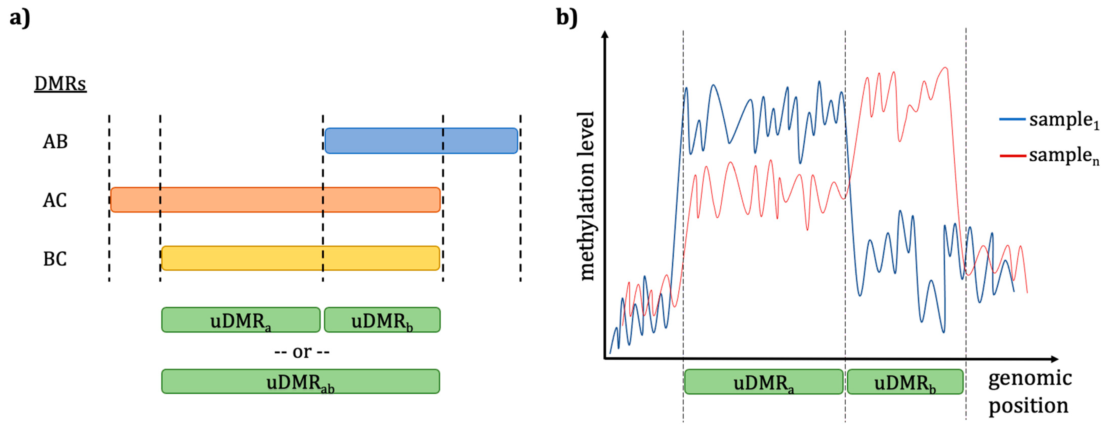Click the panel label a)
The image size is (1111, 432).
[x=20, y=18]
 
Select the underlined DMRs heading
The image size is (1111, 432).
[x=60, y=84]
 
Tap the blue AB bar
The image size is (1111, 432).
[x=421, y=141]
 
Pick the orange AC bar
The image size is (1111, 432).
[x=275, y=200]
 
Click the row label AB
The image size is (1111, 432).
[x=55, y=141]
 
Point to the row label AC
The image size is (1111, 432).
[x=55, y=200]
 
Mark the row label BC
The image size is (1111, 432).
[x=55, y=259]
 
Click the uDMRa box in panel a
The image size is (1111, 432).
[x=241, y=320]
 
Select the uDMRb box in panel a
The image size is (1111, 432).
[x=382, y=320]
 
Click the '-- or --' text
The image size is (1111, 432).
[x=302, y=352]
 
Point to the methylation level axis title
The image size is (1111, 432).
[x=586, y=196]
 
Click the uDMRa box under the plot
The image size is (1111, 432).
[x=763, y=382]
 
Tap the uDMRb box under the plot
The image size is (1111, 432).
[x=905, y=382]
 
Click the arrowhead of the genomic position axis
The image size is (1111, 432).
[x=1054, y=359]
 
